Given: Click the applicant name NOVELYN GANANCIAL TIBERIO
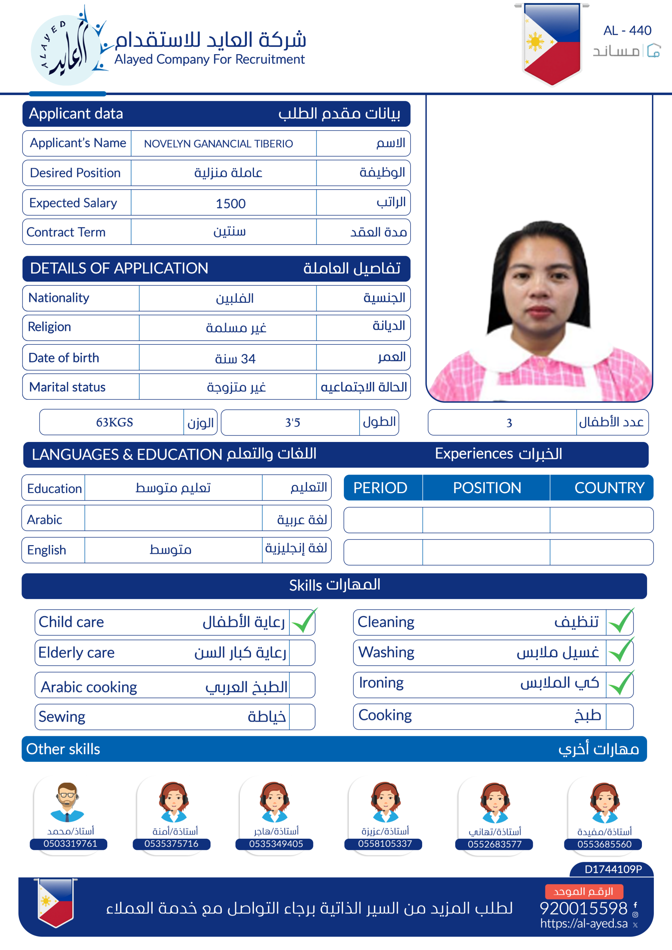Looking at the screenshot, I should point(218,144).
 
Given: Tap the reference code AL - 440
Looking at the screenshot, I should point(627,31).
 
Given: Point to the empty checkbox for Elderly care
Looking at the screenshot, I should point(302,652).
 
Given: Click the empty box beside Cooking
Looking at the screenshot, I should point(619,716).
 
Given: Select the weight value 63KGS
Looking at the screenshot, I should point(114,422).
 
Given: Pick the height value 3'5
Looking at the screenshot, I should point(292,422).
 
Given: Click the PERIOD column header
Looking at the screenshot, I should point(381,488).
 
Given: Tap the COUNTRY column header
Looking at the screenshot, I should point(609,488).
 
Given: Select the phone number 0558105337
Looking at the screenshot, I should point(385,843).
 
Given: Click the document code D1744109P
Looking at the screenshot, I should point(613,869).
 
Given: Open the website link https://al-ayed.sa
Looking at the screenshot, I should point(584,924).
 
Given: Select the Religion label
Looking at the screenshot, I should point(49,327).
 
